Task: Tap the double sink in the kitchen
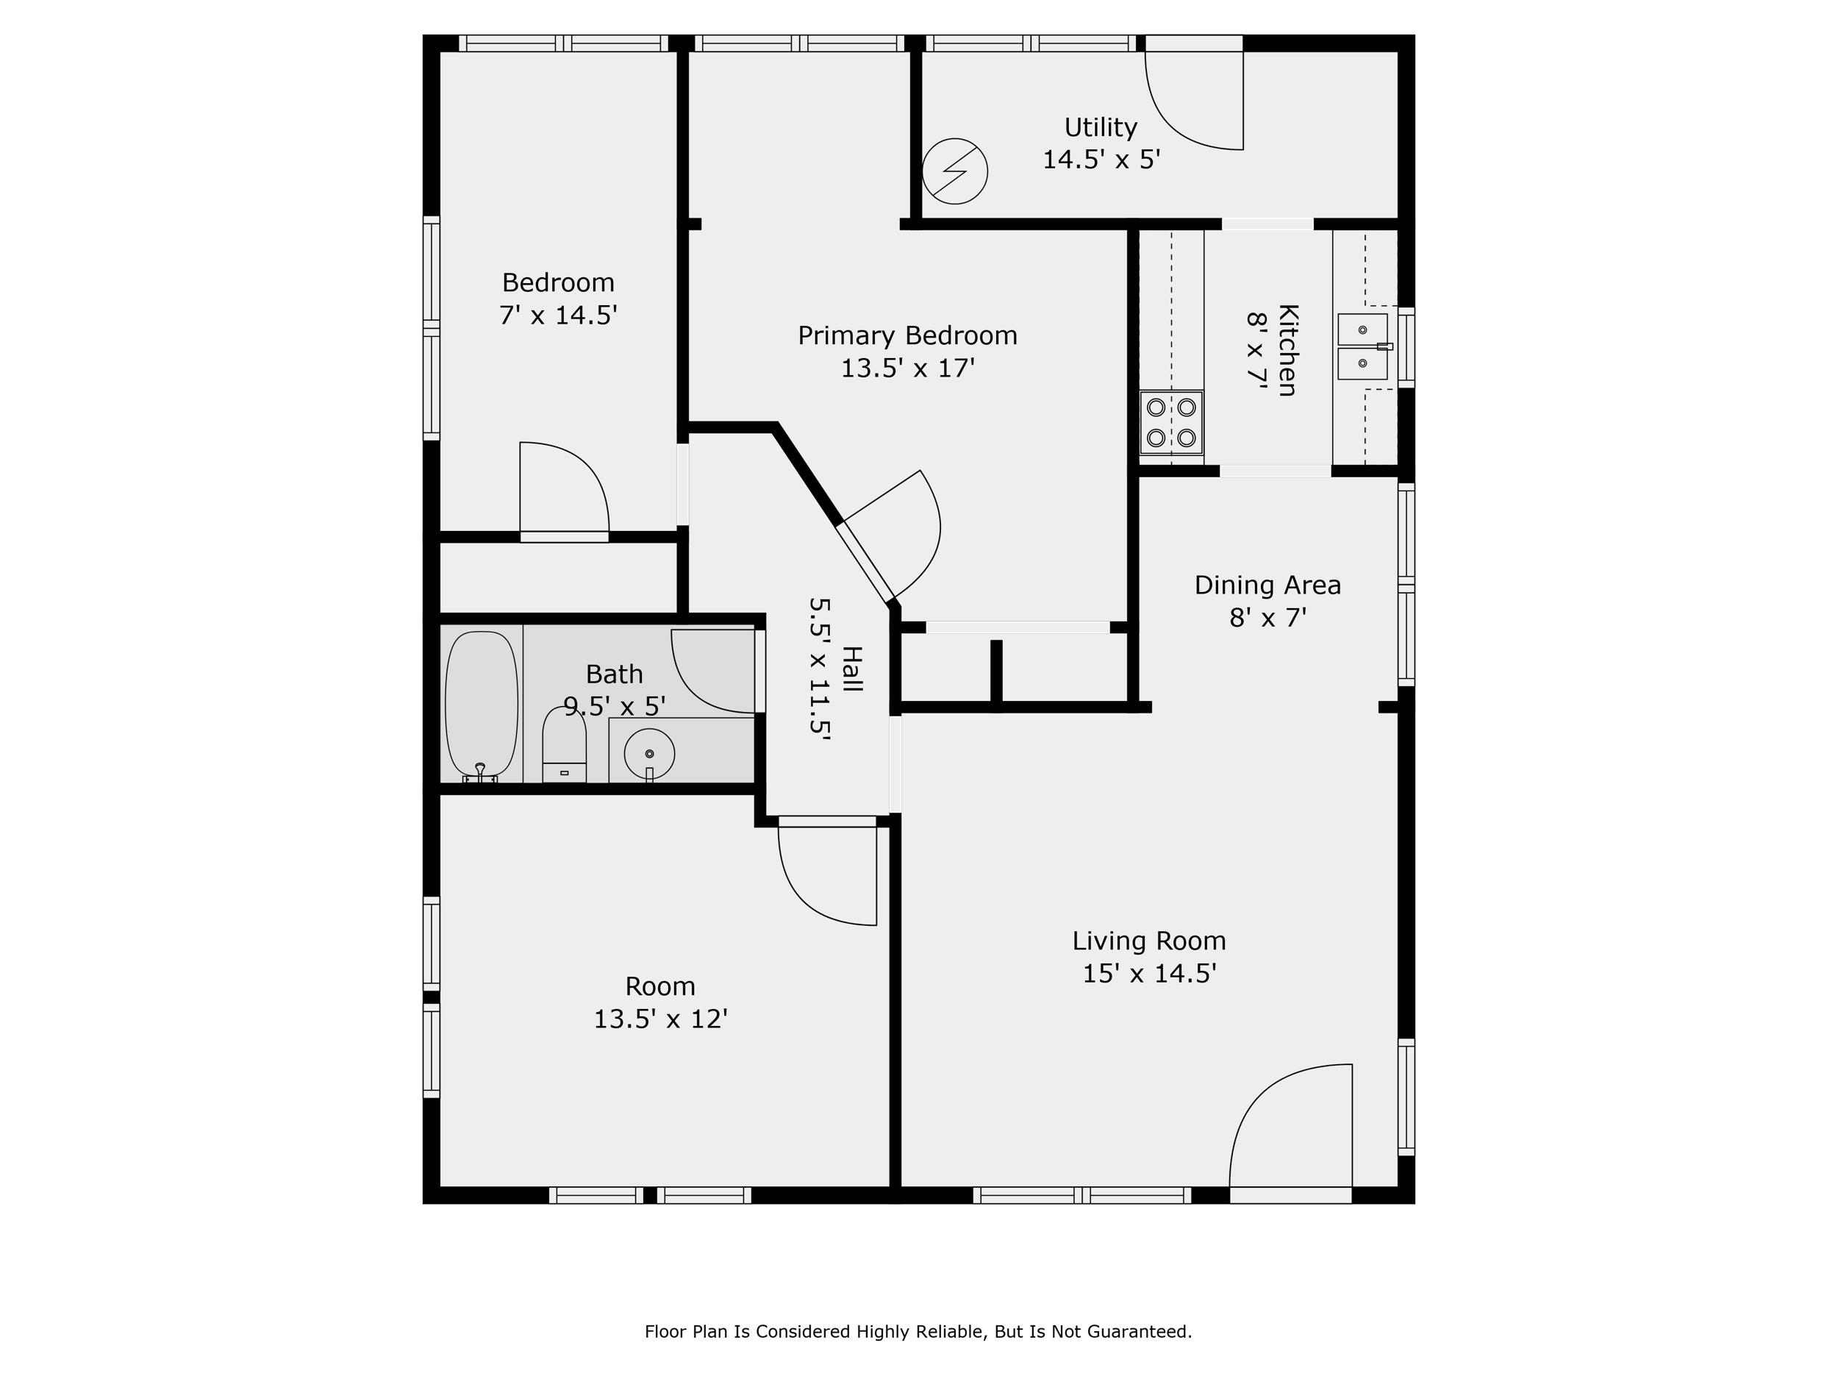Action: (x=1364, y=346)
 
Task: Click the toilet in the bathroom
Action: (x=564, y=744)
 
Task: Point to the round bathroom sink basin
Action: (x=649, y=754)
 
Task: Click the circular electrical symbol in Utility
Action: (x=955, y=171)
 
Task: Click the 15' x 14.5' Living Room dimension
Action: (x=1149, y=972)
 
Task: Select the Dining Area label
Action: (x=1268, y=585)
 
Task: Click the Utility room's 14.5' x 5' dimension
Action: (x=1101, y=159)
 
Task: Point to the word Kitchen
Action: (x=1287, y=350)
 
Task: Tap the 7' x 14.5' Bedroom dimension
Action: (x=558, y=315)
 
